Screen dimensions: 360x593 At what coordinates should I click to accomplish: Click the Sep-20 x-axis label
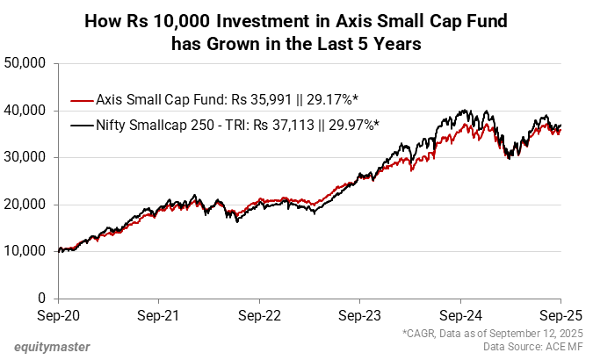tap(60, 313)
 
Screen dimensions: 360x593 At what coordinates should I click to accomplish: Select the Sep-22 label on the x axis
tap(260, 313)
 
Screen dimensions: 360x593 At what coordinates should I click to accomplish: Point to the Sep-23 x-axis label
tap(360, 313)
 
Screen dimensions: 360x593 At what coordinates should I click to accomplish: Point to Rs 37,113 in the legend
tap(285, 125)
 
